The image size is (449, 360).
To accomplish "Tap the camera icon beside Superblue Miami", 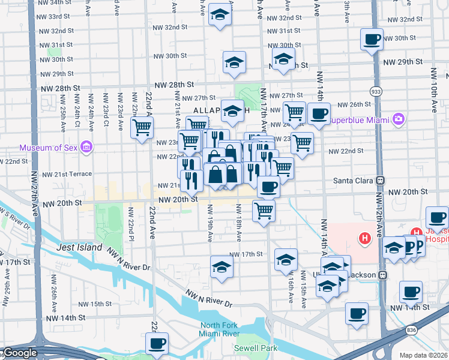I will pos(397,119).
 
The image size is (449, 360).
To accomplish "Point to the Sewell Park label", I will pos(256,347).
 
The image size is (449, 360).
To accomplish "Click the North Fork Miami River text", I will pos(220,329).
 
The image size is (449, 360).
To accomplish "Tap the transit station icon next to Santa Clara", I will pos(380,181).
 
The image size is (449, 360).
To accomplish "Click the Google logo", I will pos(19,353).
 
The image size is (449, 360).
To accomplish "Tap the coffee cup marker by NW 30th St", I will pos(372,41).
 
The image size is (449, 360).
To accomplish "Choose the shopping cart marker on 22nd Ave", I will pos(142,128).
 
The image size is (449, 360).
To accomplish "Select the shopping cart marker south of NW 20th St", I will pos(264,211).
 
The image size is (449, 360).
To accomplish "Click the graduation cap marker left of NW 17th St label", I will pos(221,267).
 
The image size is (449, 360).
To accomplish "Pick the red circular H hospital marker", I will pos(364,239).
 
